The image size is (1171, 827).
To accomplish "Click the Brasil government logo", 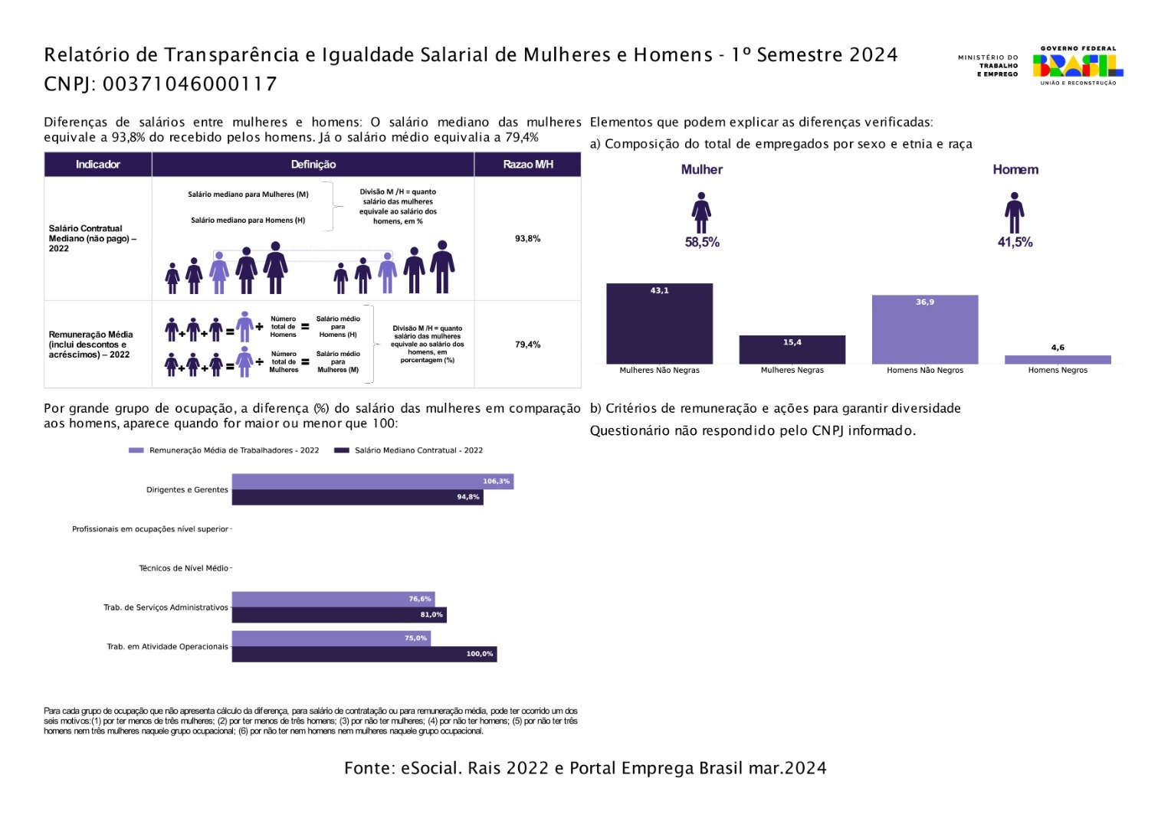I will point(1078,65).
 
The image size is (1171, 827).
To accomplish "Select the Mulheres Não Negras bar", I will point(659,323).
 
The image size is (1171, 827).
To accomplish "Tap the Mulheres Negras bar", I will point(792,349).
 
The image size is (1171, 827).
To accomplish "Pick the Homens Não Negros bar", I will point(924,329).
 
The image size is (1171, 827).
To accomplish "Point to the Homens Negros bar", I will point(1058,359).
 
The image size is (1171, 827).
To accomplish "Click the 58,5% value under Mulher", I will point(702,243).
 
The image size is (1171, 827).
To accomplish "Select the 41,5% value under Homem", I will point(1015,243).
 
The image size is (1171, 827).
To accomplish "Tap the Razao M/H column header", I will point(527,165).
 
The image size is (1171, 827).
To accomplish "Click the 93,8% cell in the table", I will point(527,239).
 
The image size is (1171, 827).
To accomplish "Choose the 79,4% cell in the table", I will point(527,345).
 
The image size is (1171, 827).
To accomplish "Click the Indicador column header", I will point(97,165).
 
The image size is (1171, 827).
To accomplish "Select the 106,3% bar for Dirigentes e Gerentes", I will point(372,482).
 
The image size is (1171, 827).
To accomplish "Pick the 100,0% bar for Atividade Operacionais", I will point(364,654).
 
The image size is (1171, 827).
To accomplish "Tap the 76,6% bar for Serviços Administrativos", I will point(333,599).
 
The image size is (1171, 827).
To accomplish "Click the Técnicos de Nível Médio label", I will point(183,568).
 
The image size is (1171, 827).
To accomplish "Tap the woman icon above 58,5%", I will point(701,213).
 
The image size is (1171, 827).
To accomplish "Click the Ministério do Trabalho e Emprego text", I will point(988,65).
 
